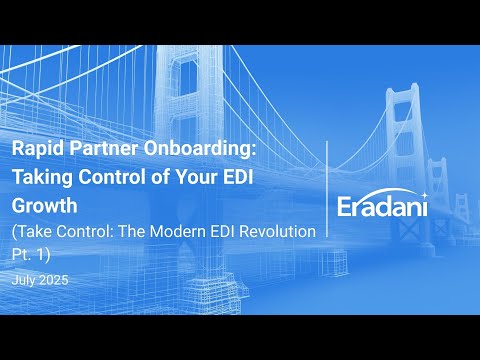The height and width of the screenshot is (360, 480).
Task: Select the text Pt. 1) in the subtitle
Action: [31, 254]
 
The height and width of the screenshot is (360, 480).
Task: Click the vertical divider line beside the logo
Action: [328, 200]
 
